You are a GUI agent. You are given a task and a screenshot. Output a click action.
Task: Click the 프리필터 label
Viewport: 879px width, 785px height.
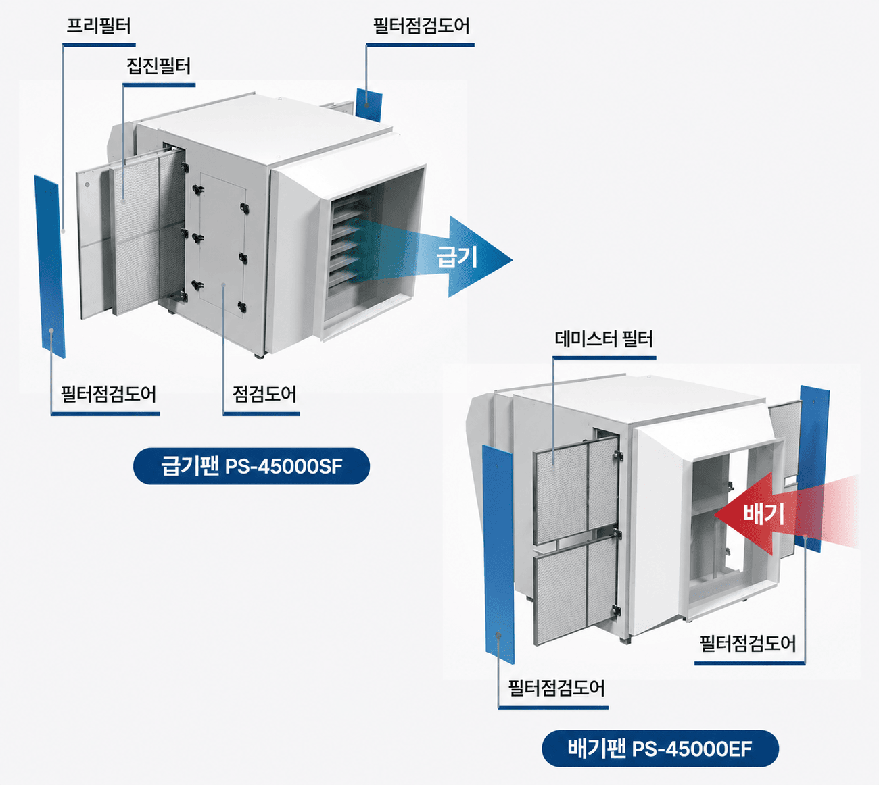tap(99, 26)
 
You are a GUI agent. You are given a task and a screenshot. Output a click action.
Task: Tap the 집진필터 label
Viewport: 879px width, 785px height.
tap(159, 66)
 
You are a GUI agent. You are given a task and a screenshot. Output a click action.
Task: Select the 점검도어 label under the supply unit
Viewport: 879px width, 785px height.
tap(264, 394)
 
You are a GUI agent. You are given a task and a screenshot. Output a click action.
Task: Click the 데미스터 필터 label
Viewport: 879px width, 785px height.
tap(604, 338)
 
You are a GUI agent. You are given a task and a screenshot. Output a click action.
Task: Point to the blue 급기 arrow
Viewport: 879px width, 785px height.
tap(434, 257)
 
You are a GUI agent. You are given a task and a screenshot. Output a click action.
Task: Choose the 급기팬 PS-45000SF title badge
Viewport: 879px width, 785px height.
tap(252, 466)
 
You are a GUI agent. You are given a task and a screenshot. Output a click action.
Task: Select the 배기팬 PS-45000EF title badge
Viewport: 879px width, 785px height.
tap(660, 749)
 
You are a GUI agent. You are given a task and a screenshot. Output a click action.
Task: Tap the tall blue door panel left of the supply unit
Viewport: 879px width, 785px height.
tap(50, 267)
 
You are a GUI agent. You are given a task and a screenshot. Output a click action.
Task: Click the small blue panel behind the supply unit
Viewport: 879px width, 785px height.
tap(369, 105)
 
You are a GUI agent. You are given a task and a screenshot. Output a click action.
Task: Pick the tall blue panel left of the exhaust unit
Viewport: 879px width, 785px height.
tap(498, 554)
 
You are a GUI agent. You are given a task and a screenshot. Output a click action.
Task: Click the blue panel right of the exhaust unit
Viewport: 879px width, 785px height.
tap(812, 468)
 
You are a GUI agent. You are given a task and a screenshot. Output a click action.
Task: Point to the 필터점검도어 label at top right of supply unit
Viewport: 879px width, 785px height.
tap(421, 26)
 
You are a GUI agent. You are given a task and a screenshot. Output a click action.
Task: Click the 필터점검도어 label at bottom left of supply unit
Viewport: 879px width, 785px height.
tap(108, 394)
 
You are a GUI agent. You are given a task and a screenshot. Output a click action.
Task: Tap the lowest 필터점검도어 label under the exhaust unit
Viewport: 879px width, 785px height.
tap(556, 688)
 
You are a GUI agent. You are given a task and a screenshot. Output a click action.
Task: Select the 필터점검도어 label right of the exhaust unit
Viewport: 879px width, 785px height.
tap(748, 644)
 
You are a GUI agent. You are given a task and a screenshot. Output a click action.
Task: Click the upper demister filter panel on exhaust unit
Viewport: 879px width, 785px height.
tap(575, 490)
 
